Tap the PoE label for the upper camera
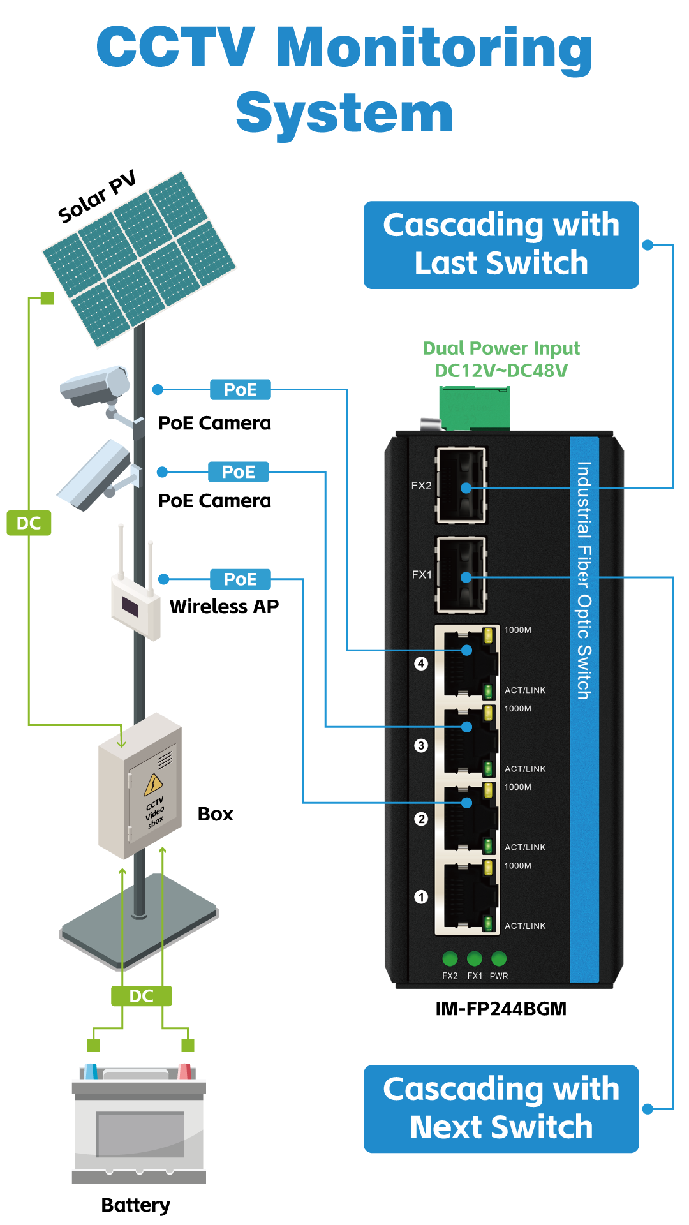tap(241, 389)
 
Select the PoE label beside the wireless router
tap(241, 579)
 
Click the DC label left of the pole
tap(29, 523)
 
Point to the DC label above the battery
tap(142, 996)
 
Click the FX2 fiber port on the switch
tap(461, 486)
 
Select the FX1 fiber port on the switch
tap(461, 575)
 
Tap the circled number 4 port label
tap(421, 664)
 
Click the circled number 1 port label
tap(421, 897)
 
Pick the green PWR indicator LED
tap(499, 958)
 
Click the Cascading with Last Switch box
tap(501, 245)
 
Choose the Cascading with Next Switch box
tap(501, 1109)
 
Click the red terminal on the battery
tap(184, 1071)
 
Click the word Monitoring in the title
tap(434, 50)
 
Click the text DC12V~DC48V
tap(501, 371)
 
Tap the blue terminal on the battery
tap(91, 1071)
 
